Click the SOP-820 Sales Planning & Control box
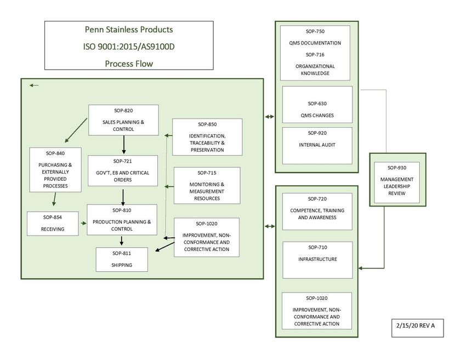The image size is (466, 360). coord(123,120)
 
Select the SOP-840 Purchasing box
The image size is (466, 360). coord(55,170)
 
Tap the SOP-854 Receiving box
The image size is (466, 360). coord(53,224)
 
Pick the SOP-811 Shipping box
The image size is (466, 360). coord(122,259)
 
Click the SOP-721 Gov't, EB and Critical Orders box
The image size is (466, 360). coord(122,170)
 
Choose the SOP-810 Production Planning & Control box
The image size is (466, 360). coord(122,220)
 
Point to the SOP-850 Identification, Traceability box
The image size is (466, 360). coord(207,137)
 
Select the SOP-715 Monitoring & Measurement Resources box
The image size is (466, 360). coord(207,185)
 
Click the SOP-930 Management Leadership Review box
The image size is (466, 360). coord(397,182)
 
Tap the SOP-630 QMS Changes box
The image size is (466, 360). coord(317,105)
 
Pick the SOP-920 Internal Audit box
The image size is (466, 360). coord(317,146)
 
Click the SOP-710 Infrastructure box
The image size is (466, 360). coord(317,260)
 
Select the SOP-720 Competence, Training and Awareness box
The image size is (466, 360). coord(317,211)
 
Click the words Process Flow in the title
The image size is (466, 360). coord(129,64)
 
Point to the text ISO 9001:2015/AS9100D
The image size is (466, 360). coord(129,47)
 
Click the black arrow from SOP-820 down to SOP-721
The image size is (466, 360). coord(124,145)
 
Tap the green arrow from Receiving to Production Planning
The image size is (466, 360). coord(83,223)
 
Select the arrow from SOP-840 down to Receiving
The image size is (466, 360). coord(54,199)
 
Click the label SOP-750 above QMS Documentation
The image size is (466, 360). coord(315,31)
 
